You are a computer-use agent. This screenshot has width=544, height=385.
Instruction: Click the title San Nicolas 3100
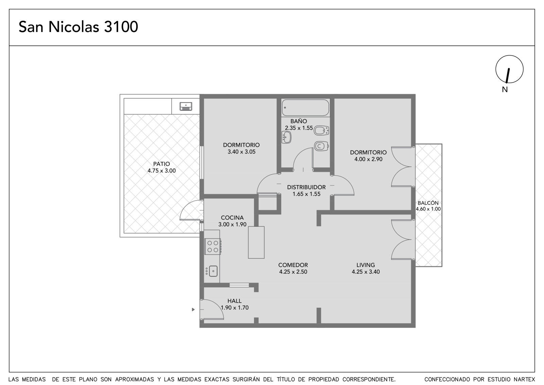pos(78,27)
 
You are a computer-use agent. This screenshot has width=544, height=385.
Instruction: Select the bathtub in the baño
pos(305,107)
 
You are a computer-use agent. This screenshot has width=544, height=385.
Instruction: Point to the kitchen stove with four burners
pos(213,246)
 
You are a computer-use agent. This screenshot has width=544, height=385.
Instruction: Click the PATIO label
pos(161,164)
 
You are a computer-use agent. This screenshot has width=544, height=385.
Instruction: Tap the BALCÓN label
pos(428,203)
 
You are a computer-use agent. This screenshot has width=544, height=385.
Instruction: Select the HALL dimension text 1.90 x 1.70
pos(235,308)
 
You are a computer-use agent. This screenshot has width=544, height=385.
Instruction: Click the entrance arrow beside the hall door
pos(193,309)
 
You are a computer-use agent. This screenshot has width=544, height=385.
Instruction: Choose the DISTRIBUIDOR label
pos(306,187)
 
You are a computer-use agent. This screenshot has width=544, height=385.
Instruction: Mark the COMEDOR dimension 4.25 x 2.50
pos(293,272)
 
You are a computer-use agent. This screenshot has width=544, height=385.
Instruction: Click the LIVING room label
pos(366,265)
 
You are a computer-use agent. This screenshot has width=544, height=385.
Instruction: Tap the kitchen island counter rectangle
pos(256,242)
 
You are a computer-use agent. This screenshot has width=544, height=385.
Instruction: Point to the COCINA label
pos(232,218)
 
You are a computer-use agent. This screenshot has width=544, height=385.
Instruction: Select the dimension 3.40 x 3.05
pos(241,152)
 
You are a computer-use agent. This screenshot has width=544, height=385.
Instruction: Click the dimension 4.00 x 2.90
pos(369,159)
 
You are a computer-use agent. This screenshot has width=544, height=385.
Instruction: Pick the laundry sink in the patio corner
pos(186,107)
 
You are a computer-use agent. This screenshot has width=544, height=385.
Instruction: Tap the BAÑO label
pos(299,121)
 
